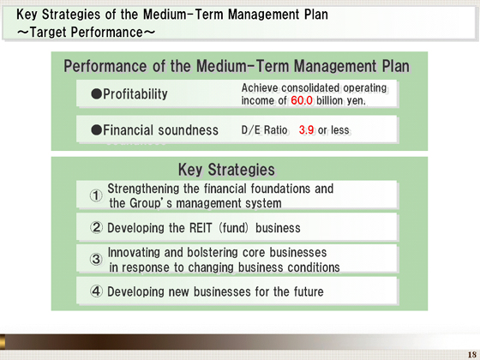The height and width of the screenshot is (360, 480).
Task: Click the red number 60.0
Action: click(x=302, y=100)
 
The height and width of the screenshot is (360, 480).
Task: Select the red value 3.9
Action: click(x=306, y=130)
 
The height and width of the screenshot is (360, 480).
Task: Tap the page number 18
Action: click(x=471, y=355)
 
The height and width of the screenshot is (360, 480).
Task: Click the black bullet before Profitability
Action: click(x=96, y=94)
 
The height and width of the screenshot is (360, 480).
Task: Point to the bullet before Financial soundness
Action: click(x=96, y=130)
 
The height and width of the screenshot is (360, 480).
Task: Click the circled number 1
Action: click(x=96, y=195)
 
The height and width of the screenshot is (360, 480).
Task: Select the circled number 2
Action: click(x=96, y=227)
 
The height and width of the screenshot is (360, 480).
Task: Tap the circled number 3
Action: click(x=96, y=259)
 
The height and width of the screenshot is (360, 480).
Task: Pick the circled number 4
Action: click(x=96, y=291)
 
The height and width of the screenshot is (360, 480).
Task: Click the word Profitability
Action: click(x=135, y=94)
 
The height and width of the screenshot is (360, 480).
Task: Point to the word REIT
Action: click(x=201, y=228)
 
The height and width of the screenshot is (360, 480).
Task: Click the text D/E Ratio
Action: click(x=264, y=130)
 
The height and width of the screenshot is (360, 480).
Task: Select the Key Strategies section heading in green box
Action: click(x=226, y=170)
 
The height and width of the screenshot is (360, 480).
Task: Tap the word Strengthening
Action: click(x=144, y=189)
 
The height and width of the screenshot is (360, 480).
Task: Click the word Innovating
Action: click(x=134, y=253)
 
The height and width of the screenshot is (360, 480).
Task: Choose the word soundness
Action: click(x=189, y=130)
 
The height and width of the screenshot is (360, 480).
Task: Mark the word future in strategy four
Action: click(x=309, y=291)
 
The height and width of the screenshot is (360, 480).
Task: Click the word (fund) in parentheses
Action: click(x=233, y=228)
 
